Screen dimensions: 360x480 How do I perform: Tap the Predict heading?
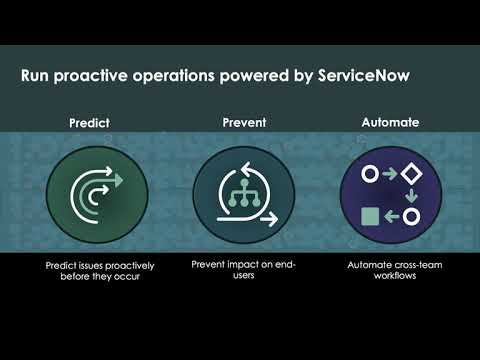click(x=89, y=125)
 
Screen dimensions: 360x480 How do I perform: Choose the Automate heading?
click(x=391, y=125)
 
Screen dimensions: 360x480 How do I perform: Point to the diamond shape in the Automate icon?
click(x=411, y=174)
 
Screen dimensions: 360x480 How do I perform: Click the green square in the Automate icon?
click(x=369, y=215)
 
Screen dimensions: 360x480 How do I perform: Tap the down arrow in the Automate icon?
click(x=411, y=194)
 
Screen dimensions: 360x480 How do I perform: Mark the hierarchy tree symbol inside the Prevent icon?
click(x=240, y=187)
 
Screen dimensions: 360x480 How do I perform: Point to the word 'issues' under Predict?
click(x=94, y=266)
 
